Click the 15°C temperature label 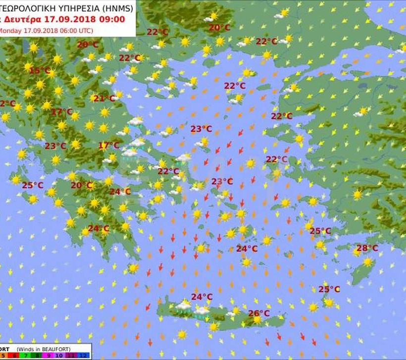pos(40,71)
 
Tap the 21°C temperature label pos(104,99)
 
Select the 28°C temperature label pos(367,248)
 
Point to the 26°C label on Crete pos(259,313)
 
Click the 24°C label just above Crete pos(202,297)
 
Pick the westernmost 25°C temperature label pos(33,185)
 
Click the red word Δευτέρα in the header pos(25,20)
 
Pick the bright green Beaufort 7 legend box pos(26,356)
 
